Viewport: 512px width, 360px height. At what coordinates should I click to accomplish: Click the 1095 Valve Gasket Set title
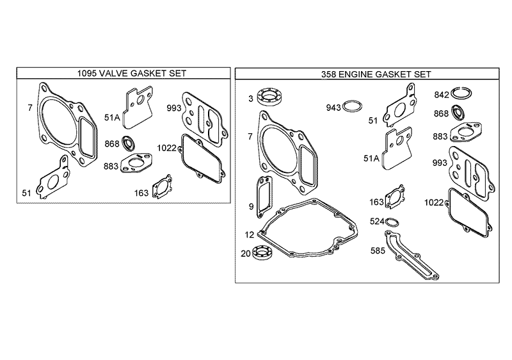point(122,74)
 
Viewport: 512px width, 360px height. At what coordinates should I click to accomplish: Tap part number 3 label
point(251,98)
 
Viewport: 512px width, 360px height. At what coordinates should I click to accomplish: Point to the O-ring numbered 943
point(351,106)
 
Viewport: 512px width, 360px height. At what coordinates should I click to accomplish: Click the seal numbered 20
point(264,253)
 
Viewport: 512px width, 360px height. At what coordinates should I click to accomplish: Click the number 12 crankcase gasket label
point(249,234)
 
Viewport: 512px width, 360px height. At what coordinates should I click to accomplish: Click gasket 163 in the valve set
point(161,188)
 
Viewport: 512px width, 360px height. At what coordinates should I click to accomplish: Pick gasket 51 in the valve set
point(52,177)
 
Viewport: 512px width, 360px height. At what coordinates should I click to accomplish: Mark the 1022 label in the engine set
point(434,202)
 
